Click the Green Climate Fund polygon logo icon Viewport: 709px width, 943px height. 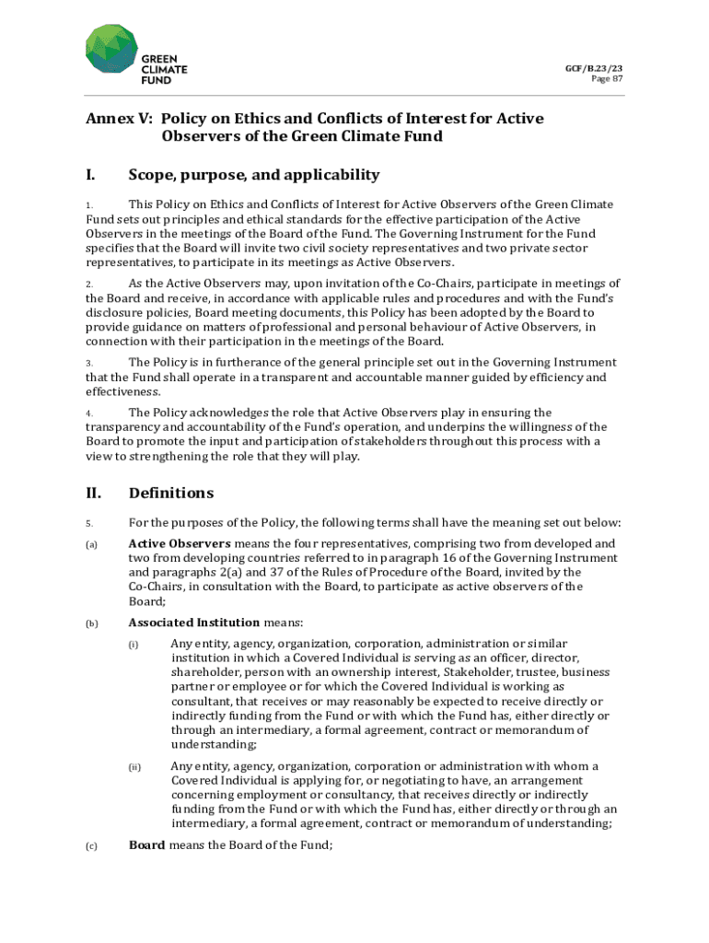coord(111,50)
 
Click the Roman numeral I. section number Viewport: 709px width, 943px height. coord(91,175)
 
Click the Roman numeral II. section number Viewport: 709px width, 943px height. coord(94,493)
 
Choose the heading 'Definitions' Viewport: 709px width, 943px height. coord(171,493)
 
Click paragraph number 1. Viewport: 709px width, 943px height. coord(89,205)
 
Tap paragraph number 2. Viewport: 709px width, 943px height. coord(89,285)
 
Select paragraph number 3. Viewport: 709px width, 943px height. coord(89,364)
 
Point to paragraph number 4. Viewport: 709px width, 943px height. coord(89,413)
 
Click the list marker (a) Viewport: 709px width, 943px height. coord(92,545)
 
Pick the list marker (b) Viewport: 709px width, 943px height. coord(92,624)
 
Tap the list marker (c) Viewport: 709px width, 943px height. coord(92,846)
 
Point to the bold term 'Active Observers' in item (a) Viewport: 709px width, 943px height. coord(180,544)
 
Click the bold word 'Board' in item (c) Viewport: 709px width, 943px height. coord(147,845)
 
